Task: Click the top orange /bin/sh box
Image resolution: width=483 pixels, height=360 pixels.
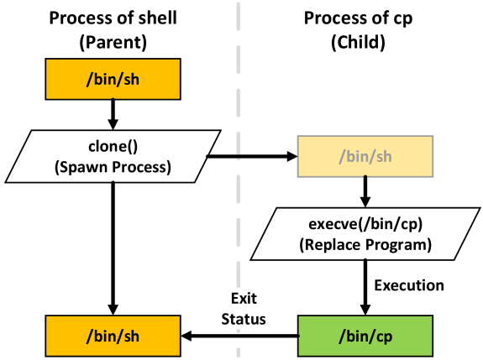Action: tap(113, 79)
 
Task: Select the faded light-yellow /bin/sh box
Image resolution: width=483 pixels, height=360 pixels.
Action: tap(365, 156)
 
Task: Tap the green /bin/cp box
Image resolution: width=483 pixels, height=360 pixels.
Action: tap(365, 336)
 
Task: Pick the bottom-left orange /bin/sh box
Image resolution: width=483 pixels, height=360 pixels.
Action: tap(113, 336)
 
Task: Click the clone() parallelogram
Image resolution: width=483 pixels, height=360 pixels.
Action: tap(113, 156)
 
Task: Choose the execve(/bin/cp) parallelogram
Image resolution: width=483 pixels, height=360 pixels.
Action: tap(365, 234)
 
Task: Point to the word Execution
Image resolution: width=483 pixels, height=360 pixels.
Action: tap(409, 285)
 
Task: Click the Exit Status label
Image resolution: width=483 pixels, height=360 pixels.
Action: tap(244, 309)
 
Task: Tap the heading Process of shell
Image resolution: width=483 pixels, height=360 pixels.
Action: tap(113, 18)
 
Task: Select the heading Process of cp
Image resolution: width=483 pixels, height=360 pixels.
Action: tap(358, 18)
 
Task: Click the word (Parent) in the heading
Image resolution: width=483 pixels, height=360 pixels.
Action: tap(113, 42)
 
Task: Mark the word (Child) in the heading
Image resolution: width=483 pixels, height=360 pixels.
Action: tap(358, 42)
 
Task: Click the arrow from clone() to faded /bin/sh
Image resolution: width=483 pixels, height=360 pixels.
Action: tap(252, 156)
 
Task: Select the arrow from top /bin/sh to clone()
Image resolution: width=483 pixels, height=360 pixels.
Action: tap(113, 114)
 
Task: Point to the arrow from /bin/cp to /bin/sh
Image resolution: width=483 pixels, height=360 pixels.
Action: tap(239, 336)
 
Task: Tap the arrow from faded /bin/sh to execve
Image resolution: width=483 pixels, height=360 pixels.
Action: tap(365, 191)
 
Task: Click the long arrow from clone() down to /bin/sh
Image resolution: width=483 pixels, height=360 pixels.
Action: tap(113, 248)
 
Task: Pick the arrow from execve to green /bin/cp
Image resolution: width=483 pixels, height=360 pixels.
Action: tap(365, 288)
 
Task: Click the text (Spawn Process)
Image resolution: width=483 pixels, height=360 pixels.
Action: tap(113, 167)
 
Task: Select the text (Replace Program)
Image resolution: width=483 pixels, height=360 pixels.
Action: tap(365, 245)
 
